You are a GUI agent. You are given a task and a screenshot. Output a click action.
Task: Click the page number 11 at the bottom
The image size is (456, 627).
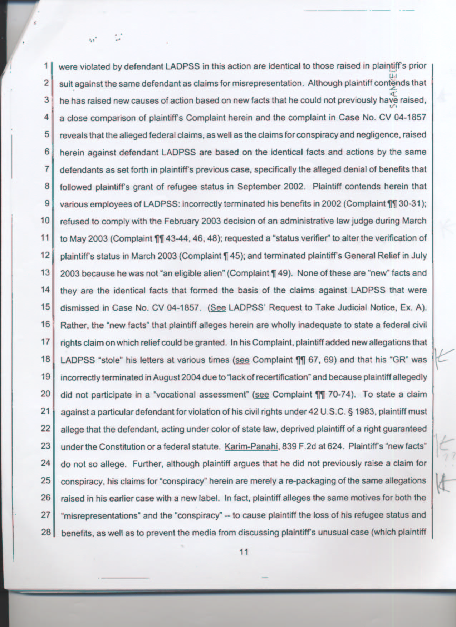(244, 552)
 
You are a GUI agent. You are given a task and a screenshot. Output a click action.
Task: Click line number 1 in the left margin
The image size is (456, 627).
(46, 66)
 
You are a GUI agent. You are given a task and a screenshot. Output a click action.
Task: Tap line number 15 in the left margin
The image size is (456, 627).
(45, 307)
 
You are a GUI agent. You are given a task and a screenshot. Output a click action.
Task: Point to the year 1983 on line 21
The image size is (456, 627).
(365, 411)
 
